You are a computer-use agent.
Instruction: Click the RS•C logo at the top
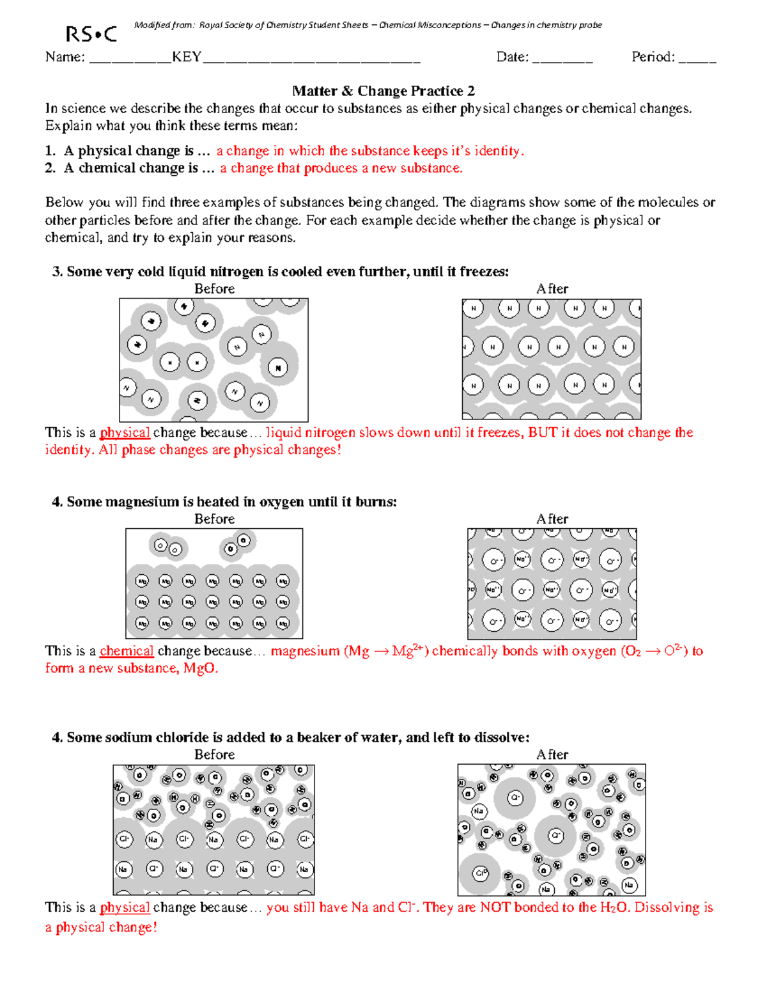(91, 34)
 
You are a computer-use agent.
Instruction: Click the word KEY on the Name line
(187, 58)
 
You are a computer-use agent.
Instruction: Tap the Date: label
(512, 58)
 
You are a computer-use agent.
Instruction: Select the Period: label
(653, 58)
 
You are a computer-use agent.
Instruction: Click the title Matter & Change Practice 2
(383, 91)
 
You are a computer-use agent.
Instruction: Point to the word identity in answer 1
(498, 151)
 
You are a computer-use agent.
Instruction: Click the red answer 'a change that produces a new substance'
(341, 168)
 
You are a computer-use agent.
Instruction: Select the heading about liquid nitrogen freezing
(281, 272)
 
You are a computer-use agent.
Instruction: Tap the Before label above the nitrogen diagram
(214, 289)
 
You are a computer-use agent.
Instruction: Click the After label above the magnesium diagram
(552, 519)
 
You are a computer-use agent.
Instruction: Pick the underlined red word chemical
(127, 651)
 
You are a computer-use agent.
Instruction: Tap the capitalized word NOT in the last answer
(495, 907)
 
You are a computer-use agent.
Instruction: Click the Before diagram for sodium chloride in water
(213, 830)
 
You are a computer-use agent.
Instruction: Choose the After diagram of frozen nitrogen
(551, 359)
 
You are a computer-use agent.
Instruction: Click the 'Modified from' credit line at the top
(368, 26)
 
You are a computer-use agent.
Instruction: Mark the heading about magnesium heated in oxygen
(224, 502)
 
